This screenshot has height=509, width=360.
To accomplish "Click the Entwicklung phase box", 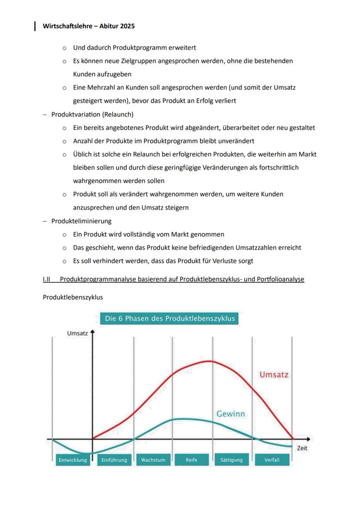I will click(73, 460).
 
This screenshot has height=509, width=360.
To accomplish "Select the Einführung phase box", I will click(114, 460).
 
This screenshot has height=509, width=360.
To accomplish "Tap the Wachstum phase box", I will click(153, 460).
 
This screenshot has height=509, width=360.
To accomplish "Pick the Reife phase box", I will click(191, 460).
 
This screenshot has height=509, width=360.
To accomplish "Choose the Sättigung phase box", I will click(231, 460).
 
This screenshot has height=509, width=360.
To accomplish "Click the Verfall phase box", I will click(272, 460).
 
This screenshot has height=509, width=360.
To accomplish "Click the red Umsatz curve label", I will click(274, 374).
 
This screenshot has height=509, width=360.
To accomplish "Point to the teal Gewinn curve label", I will click(230, 414).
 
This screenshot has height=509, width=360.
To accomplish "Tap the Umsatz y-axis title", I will click(77, 333).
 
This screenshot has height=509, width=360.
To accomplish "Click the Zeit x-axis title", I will click(302, 448).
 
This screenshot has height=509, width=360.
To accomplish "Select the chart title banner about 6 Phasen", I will click(170, 318).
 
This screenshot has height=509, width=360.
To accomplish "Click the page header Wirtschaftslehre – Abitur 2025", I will click(89, 26).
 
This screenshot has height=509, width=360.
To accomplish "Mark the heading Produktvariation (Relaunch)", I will click(92, 114).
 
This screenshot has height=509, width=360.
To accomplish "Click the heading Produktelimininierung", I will click(81, 221).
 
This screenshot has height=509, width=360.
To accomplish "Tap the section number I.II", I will click(47, 279).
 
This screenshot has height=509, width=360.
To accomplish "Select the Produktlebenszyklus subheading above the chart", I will click(73, 297).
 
